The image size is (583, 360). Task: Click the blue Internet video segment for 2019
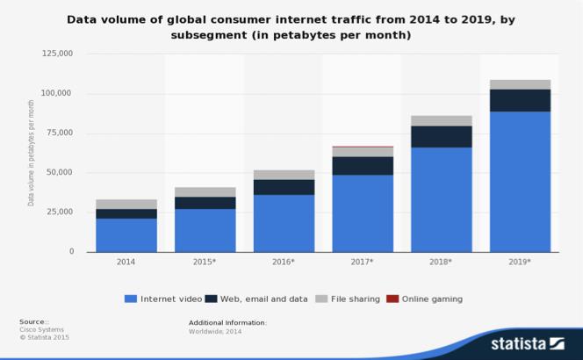coord(521,181)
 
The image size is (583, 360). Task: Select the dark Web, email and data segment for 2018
coord(442,136)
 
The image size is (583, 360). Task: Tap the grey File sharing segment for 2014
coord(126,204)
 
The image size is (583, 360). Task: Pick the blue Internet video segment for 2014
coord(126,234)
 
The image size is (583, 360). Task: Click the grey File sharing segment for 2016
coord(284,175)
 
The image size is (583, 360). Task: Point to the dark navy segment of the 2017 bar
coord(363,165)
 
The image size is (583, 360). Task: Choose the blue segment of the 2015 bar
coord(205,229)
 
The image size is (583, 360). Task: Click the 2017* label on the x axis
coord(363,262)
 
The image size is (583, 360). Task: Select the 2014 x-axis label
coord(126,262)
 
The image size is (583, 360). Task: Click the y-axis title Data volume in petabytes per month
coord(32,153)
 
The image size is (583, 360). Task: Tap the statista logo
coord(526,342)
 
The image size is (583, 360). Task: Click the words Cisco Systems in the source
coord(37,329)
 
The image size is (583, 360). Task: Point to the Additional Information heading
coord(227,322)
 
